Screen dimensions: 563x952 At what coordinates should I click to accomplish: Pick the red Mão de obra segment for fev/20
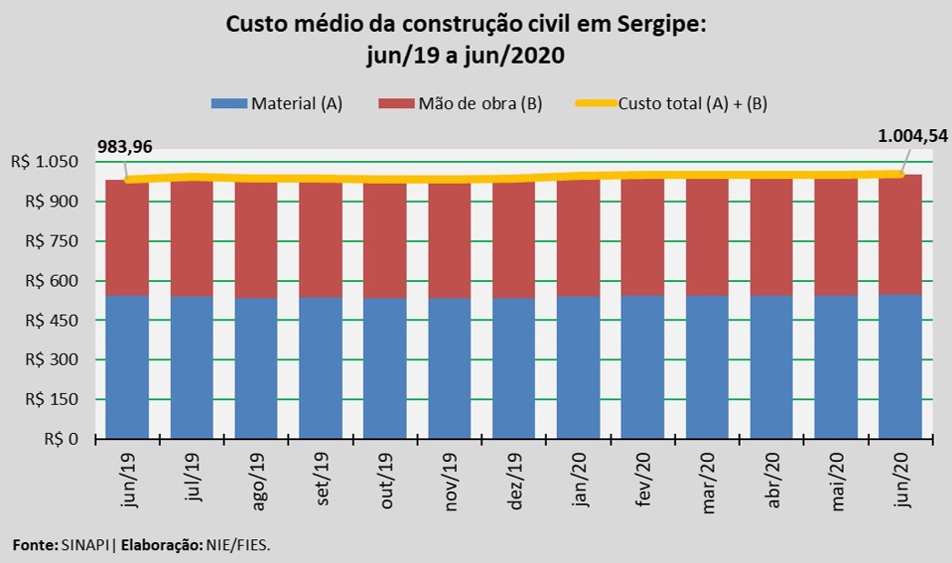pyautogui.click(x=643, y=236)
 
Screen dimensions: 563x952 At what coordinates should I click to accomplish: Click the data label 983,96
pyautogui.click(x=125, y=146)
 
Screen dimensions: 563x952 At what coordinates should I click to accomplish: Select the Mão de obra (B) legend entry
pyautogui.click(x=461, y=104)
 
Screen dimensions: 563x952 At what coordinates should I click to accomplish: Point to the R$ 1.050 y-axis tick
pyautogui.click(x=46, y=162)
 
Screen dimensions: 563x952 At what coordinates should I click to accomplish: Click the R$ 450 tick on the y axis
pyautogui.click(x=54, y=320)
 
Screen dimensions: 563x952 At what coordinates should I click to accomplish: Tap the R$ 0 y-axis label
pyautogui.click(x=60, y=439)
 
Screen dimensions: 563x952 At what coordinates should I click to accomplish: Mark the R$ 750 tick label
pyautogui.click(x=54, y=241)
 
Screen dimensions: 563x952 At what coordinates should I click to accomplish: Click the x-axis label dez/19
pyautogui.click(x=514, y=481)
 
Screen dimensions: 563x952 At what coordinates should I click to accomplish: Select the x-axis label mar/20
pyautogui.click(x=708, y=481)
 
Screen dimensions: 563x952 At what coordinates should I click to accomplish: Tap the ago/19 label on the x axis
pyautogui.click(x=258, y=481)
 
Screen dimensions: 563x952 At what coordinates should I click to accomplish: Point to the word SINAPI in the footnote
pyautogui.click(x=86, y=545)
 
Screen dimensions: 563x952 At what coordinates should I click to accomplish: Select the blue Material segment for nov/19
pyautogui.click(x=450, y=368)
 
